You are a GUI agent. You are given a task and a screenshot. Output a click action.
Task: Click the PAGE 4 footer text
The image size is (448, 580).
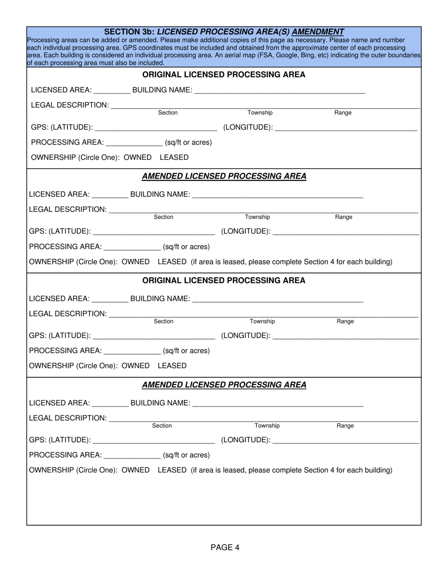click(x=225, y=547)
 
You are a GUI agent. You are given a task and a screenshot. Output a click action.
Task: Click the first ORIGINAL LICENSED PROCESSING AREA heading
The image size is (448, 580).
click(x=224, y=75)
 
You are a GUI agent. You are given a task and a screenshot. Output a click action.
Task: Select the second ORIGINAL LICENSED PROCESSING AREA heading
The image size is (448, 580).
click(x=224, y=281)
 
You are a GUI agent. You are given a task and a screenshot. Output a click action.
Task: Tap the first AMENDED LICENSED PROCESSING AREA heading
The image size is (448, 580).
click(x=224, y=176)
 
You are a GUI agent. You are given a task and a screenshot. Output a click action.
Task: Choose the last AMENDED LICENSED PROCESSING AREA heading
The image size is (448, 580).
click(x=224, y=385)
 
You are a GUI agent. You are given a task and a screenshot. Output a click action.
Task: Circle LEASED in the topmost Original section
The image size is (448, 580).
click(x=174, y=157)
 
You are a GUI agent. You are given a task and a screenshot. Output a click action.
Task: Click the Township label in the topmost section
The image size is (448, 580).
click(x=260, y=113)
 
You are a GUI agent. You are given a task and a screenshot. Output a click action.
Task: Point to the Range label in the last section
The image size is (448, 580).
click(x=345, y=426)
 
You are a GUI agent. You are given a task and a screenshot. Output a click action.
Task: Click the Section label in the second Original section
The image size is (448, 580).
click(x=164, y=321)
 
